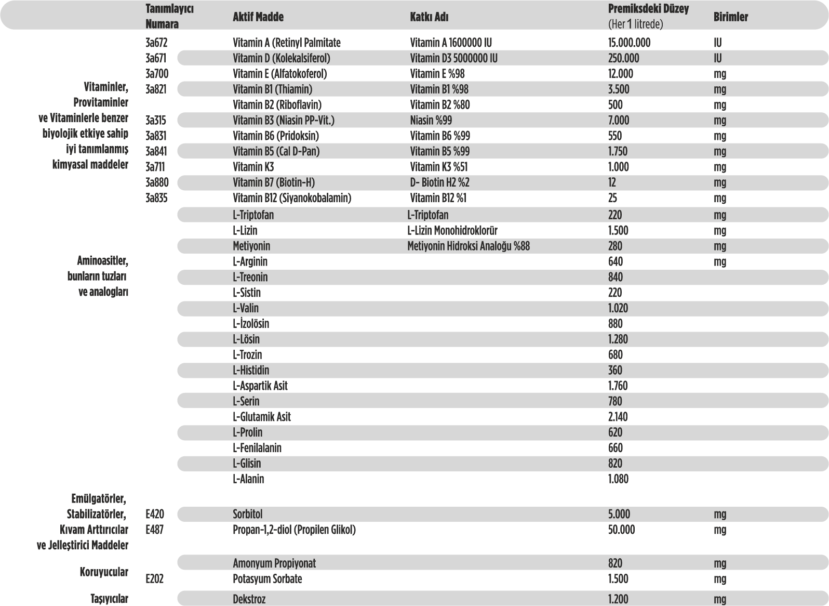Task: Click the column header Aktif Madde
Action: point(258,17)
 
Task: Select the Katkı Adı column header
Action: point(429,17)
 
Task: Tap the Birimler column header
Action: point(730,17)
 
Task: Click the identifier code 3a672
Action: point(156,43)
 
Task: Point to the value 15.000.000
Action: point(629,43)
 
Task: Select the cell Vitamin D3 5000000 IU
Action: point(453,58)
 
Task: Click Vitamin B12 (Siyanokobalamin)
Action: point(292,198)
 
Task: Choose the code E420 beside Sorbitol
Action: point(155,515)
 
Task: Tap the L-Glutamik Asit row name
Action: point(262,417)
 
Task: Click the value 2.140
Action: point(618,417)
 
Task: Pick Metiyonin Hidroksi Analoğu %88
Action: point(469,246)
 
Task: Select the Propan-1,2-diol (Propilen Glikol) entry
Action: point(294,530)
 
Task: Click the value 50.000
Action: point(621,530)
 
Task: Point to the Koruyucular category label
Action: point(104,572)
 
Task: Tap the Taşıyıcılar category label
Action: point(109,599)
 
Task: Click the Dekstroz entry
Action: point(249,599)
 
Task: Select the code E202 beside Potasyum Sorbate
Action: point(155,579)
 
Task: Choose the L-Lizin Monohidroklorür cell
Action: point(452,231)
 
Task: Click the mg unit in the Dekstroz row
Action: point(720,599)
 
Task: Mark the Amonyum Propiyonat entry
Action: point(274,563)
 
